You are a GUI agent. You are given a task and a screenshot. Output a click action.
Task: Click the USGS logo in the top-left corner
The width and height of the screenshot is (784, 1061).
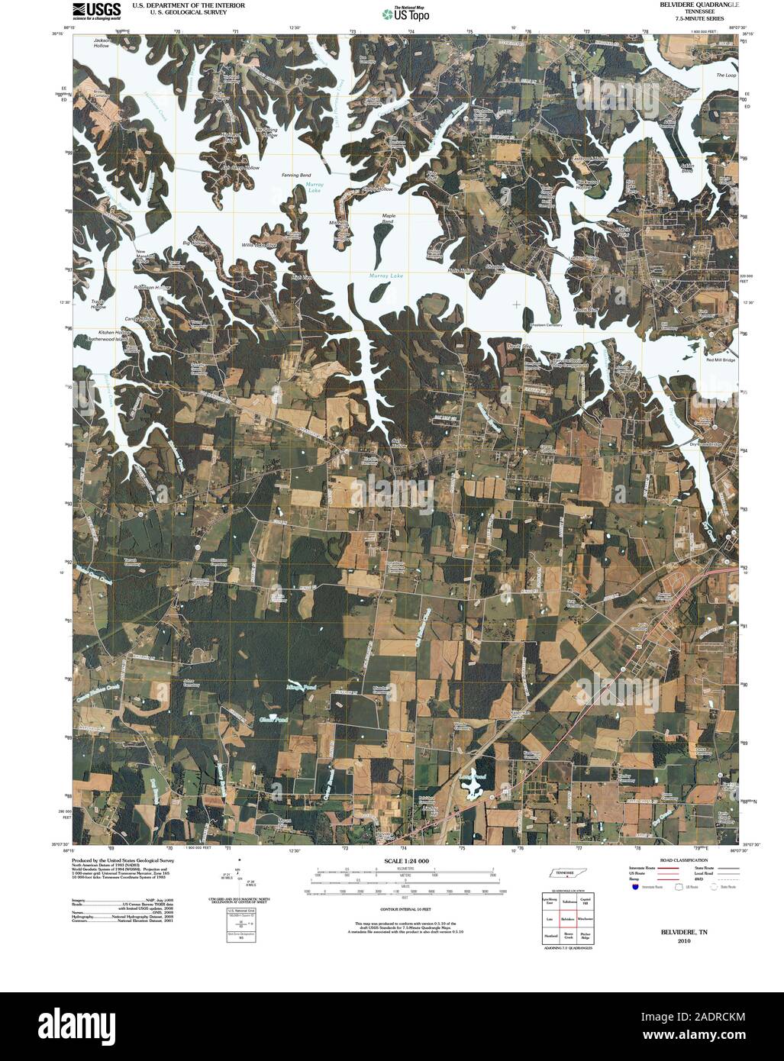96,10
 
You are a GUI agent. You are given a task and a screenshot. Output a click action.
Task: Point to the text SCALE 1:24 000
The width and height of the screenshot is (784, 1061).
408,860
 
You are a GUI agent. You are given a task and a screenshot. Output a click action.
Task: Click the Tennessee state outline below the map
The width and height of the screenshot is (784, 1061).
565,876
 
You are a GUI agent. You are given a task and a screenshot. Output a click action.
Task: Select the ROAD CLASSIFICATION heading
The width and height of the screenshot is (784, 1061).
675,860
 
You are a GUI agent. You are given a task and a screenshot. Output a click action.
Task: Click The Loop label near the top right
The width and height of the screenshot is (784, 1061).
725,76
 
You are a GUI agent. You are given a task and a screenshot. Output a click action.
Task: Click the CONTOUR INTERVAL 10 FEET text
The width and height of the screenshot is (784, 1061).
408,909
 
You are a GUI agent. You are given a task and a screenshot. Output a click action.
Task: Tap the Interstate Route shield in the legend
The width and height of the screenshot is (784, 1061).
633,888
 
